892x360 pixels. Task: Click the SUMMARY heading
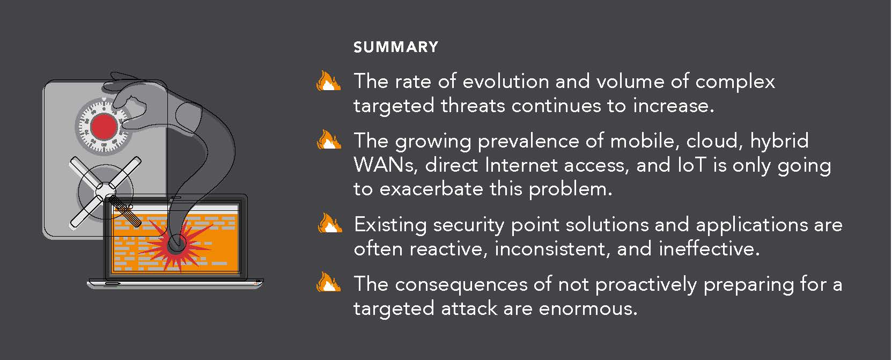(396, 47)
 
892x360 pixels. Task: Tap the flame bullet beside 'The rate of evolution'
(328, 81)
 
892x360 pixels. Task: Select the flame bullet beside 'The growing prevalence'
(329, 139)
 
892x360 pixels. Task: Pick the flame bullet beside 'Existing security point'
(330, 223)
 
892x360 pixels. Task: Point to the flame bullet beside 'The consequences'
(328, 282)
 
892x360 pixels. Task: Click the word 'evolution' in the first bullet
(506, 81)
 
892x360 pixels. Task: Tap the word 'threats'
(473, 106)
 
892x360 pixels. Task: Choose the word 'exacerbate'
(431, 189)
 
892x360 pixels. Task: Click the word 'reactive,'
(449, 249)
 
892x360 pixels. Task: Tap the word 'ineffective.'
(709, 249)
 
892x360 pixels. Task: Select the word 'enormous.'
(588, 309)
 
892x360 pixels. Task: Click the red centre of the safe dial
(104, 126)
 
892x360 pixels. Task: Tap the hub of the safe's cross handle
(105, 190)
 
